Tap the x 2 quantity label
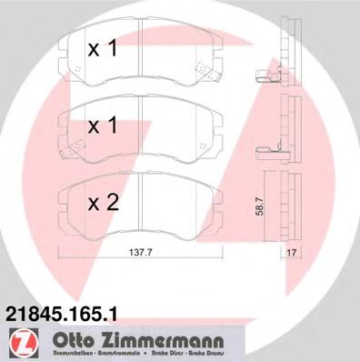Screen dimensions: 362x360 coord(103,205)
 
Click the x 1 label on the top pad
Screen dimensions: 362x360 coord(103,51)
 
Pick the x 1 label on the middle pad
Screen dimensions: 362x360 coord(103,127)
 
